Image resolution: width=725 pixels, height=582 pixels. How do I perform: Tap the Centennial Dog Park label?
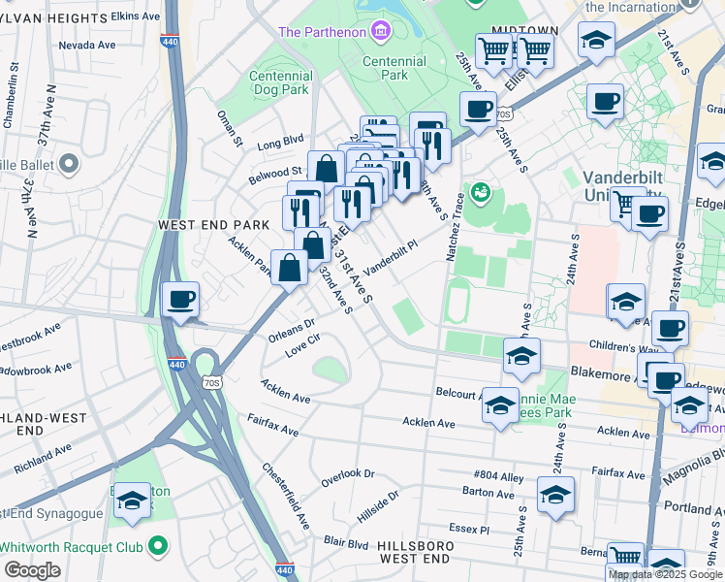(281, 83)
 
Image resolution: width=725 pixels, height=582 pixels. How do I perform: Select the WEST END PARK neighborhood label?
(213, 224)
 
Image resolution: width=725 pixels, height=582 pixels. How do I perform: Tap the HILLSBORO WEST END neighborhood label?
(414, 552)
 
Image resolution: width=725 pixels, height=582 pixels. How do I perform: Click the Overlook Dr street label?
(348, 475)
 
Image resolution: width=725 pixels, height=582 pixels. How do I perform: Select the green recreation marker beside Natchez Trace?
(479, 194)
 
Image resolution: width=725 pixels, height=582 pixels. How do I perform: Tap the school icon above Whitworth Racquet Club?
(133, 502)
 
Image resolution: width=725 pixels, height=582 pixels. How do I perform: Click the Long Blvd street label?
(280, 144)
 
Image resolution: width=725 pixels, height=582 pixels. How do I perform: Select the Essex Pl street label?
(469, 530)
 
